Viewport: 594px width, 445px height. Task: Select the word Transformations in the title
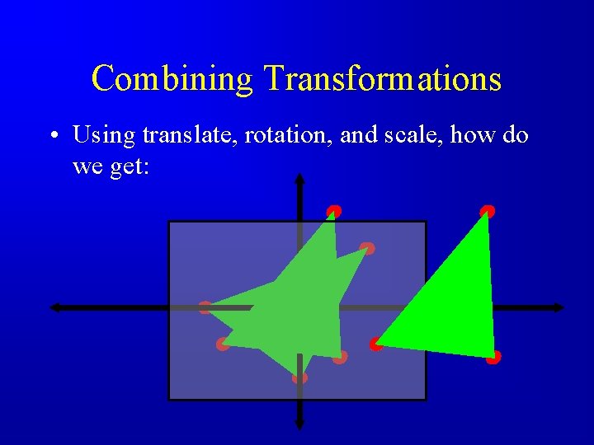point(382,79)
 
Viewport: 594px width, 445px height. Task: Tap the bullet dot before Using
point(53,136)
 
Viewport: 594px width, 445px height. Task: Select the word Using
point(104,134)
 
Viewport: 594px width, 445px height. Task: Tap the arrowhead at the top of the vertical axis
point(299,180)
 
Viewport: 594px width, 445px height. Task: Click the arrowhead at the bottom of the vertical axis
point(299,424)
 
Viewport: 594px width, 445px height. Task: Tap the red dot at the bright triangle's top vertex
point(488,212)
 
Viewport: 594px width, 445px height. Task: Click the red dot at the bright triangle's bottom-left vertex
point(376,344)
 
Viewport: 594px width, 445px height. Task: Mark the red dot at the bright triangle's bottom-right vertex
point(493,358)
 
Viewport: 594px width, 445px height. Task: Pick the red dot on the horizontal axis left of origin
point(205,307)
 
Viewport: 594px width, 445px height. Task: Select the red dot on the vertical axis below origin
point(299,377)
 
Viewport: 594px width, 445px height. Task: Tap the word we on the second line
point(86,167)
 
